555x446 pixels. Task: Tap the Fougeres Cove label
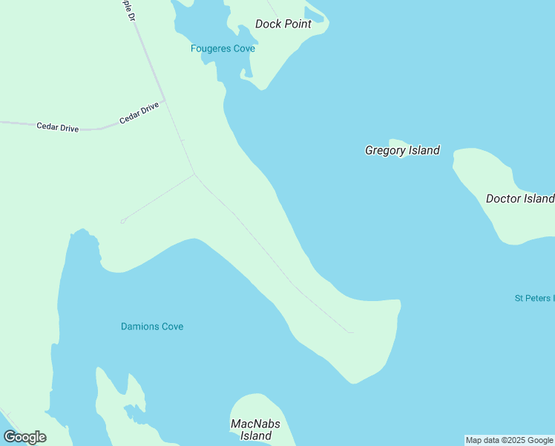[223, 48]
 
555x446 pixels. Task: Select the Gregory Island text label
[402, 150]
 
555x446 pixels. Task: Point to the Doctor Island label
[519, 198]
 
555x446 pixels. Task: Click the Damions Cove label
[152, 326]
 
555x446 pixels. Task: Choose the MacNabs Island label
[256, 430]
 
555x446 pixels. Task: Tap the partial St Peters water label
[534, 298]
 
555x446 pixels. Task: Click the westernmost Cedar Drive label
[58, 127]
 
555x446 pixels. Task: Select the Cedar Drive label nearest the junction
[139, 113]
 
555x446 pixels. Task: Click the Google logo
[24, 437]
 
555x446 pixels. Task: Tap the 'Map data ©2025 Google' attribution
[509, 440]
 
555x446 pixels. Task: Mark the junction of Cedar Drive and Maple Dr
[164, 100]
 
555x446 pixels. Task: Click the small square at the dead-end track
[122, 221]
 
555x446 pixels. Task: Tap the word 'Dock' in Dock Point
[268, 24]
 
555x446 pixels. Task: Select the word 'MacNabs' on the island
[256, 424]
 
